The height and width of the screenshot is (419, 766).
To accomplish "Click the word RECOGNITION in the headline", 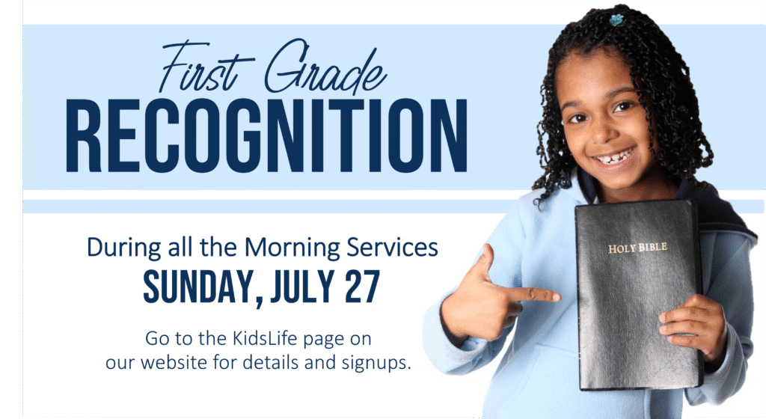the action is point(266,135).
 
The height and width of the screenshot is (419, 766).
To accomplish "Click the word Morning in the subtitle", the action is point(292,248).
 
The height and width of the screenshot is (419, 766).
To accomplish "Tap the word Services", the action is point(392,247).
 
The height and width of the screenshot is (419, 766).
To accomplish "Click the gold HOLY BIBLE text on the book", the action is point(637,248).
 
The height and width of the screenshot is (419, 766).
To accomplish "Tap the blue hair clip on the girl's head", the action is point(616,20).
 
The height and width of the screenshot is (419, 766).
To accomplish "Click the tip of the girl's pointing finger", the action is point(558,296).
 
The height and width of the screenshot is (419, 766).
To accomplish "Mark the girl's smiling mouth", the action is point(614,157).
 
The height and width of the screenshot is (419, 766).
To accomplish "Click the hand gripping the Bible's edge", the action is point(693,327).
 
